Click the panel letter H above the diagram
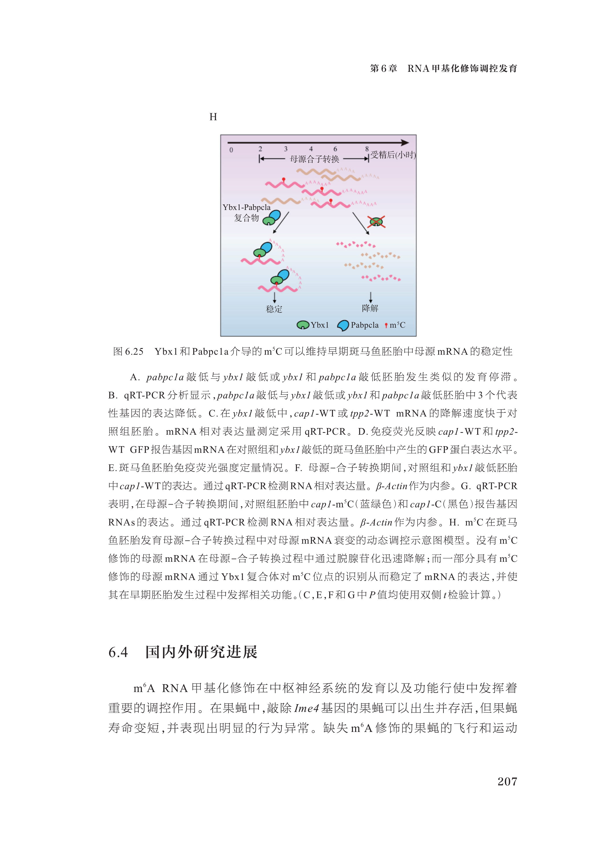(213, 117)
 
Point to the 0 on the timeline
(231, 150)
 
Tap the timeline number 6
(335, 149)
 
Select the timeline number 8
(367, 149)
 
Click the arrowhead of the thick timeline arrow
(405, 142)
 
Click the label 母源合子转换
(314, 159)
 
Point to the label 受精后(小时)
(393, 155)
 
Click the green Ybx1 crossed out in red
(376, 222)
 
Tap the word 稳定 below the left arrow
(274, 309)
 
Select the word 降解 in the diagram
(370, 308)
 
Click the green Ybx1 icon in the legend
(303, 325)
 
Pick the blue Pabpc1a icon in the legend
(343, 325)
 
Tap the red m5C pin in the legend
(386, 326)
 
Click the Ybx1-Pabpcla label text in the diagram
(246, 207)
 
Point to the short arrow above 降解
(371, 297)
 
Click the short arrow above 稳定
(274, 297)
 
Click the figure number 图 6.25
(128, 352)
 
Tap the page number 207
(507, 781)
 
